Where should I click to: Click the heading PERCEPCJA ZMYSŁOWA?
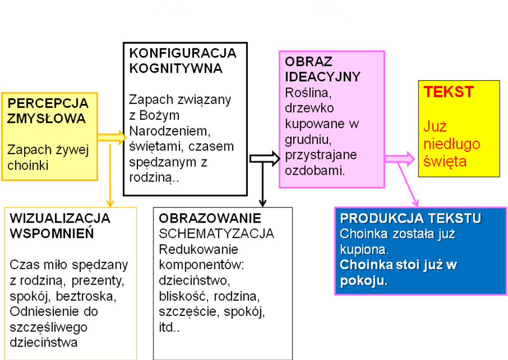pyautogui.click(x=47, y=110)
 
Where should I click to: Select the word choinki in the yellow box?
pyautogui.click(x=27, y=165)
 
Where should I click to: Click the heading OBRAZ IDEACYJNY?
pyautogui.click(x=322, y=68)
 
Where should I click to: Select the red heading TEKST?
pyautogui.click(x=449, y=92)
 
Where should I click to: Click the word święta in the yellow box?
pyautogui.click(x=445, y=161)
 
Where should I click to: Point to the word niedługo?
pyautogui.click(x=451, y=144)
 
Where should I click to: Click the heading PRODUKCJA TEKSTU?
pyautogui.click(x=410, y=219)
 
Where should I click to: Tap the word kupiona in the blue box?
pyautogui.click(x=364, y=250)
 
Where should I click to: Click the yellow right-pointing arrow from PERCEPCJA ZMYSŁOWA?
pyautogui.click(x=113, y=137)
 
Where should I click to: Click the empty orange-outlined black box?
pyautogui.click(x=71, y=283)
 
